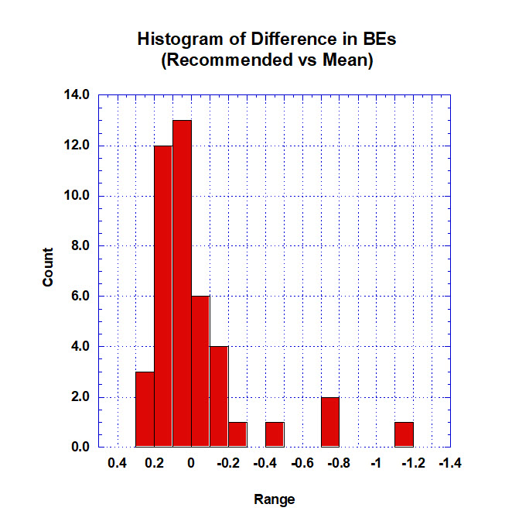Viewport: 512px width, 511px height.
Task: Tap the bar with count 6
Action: (200, 371)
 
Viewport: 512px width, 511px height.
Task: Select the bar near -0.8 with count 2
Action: (330, 421)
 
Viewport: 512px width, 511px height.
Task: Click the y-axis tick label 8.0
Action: (80, 246)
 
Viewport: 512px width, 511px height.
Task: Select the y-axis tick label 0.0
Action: (80, 448)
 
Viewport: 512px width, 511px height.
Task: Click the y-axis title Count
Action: (48, 267)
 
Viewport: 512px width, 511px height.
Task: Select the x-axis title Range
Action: (275, 499)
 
